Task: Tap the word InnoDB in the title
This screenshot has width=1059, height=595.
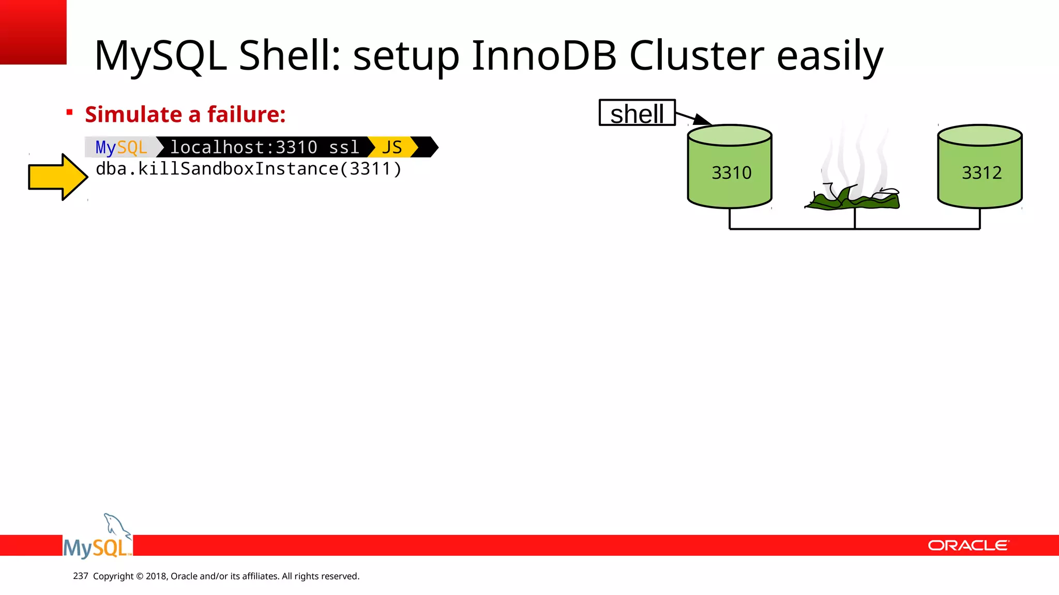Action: pyautogui.click(x=543, y=56)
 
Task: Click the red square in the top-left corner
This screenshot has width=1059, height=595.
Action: pyautogui.click(x=33, y=32)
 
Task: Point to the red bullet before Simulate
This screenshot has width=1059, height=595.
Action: pyautogui.click(x=69, y=112)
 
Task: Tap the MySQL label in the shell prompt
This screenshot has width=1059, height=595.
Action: pyautogui.click(x=122, y=147)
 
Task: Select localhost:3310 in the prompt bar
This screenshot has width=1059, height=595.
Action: pyautogui.click(x=244, y=147)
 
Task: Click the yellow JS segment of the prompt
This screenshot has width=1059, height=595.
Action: pyautogui.click(x=391, y=147)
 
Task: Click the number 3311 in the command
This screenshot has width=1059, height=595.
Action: pyautogui.click(x=369, y=169)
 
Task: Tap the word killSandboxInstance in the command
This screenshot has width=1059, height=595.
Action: pyautogui.click(x=238, y=169)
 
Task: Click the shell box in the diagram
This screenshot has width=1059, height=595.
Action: pyautogui.click(x=637, y=113)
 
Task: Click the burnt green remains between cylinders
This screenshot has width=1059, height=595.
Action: pyautogui.click(x=854, y=199)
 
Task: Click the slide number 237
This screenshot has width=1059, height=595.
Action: pyautogui.click(x=81, y=576)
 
